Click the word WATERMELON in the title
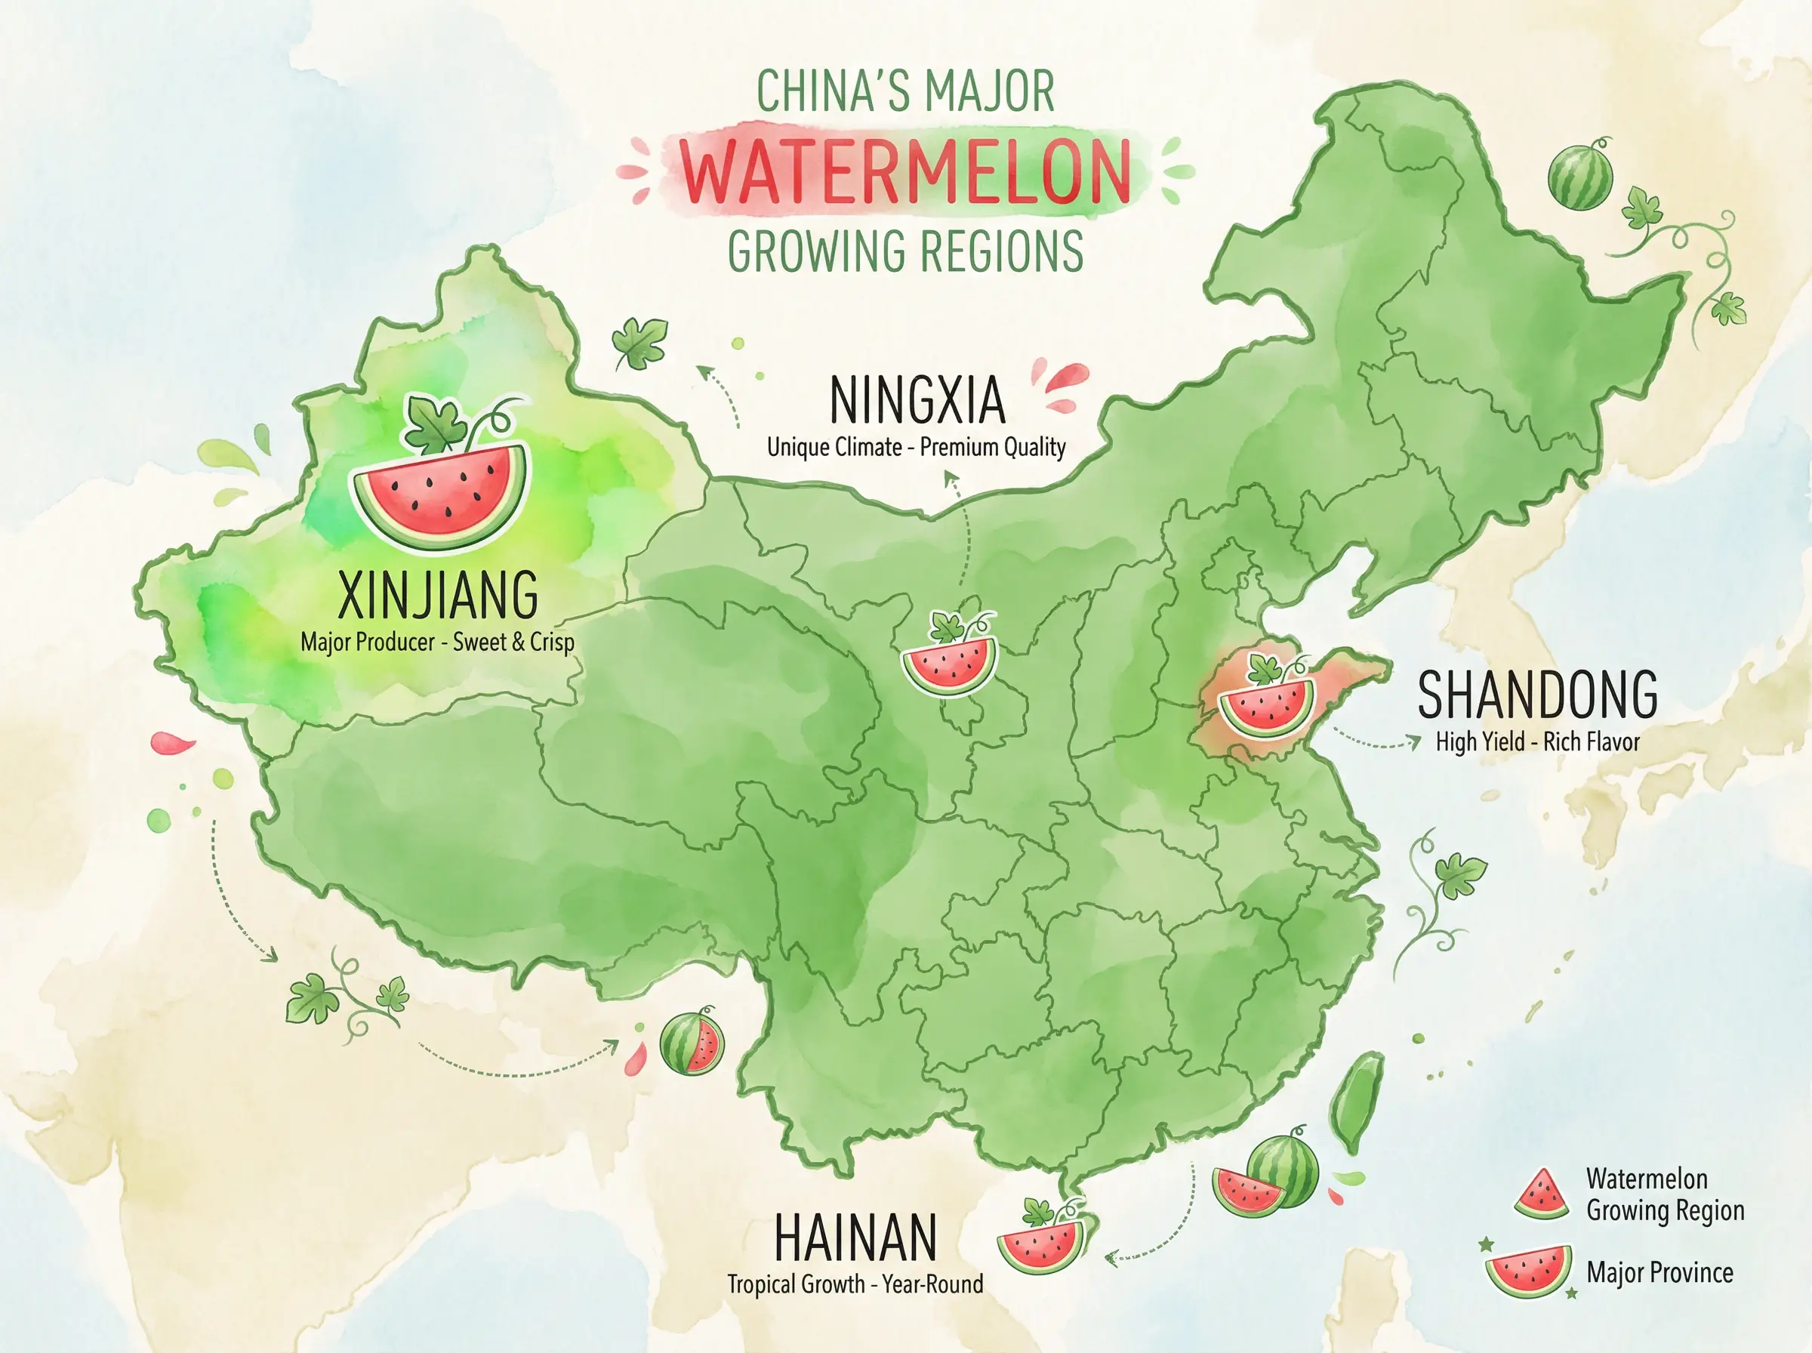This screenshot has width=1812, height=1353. [905, 172]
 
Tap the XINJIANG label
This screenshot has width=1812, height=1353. [438, 596]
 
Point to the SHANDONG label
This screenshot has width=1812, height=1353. [1538, 695]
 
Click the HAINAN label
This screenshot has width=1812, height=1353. [855, 1237]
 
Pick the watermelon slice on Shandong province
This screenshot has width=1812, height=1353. [1266, 706]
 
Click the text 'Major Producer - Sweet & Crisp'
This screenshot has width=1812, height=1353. [437, 642]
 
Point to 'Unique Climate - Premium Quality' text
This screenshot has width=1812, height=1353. [917, 447]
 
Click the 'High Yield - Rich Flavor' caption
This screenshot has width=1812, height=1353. [1538, 742]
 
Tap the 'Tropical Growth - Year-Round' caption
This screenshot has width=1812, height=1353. [855, 1284]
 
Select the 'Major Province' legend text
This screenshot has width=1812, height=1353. [1659, 1273]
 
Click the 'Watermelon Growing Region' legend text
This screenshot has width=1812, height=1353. [1665, 1194]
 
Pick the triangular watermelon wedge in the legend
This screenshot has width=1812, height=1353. [1541, 1195]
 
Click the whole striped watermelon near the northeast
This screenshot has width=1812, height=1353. [1579, 177]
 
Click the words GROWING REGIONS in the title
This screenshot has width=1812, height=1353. [905, 251]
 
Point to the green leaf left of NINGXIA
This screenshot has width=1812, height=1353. [639, 342]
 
